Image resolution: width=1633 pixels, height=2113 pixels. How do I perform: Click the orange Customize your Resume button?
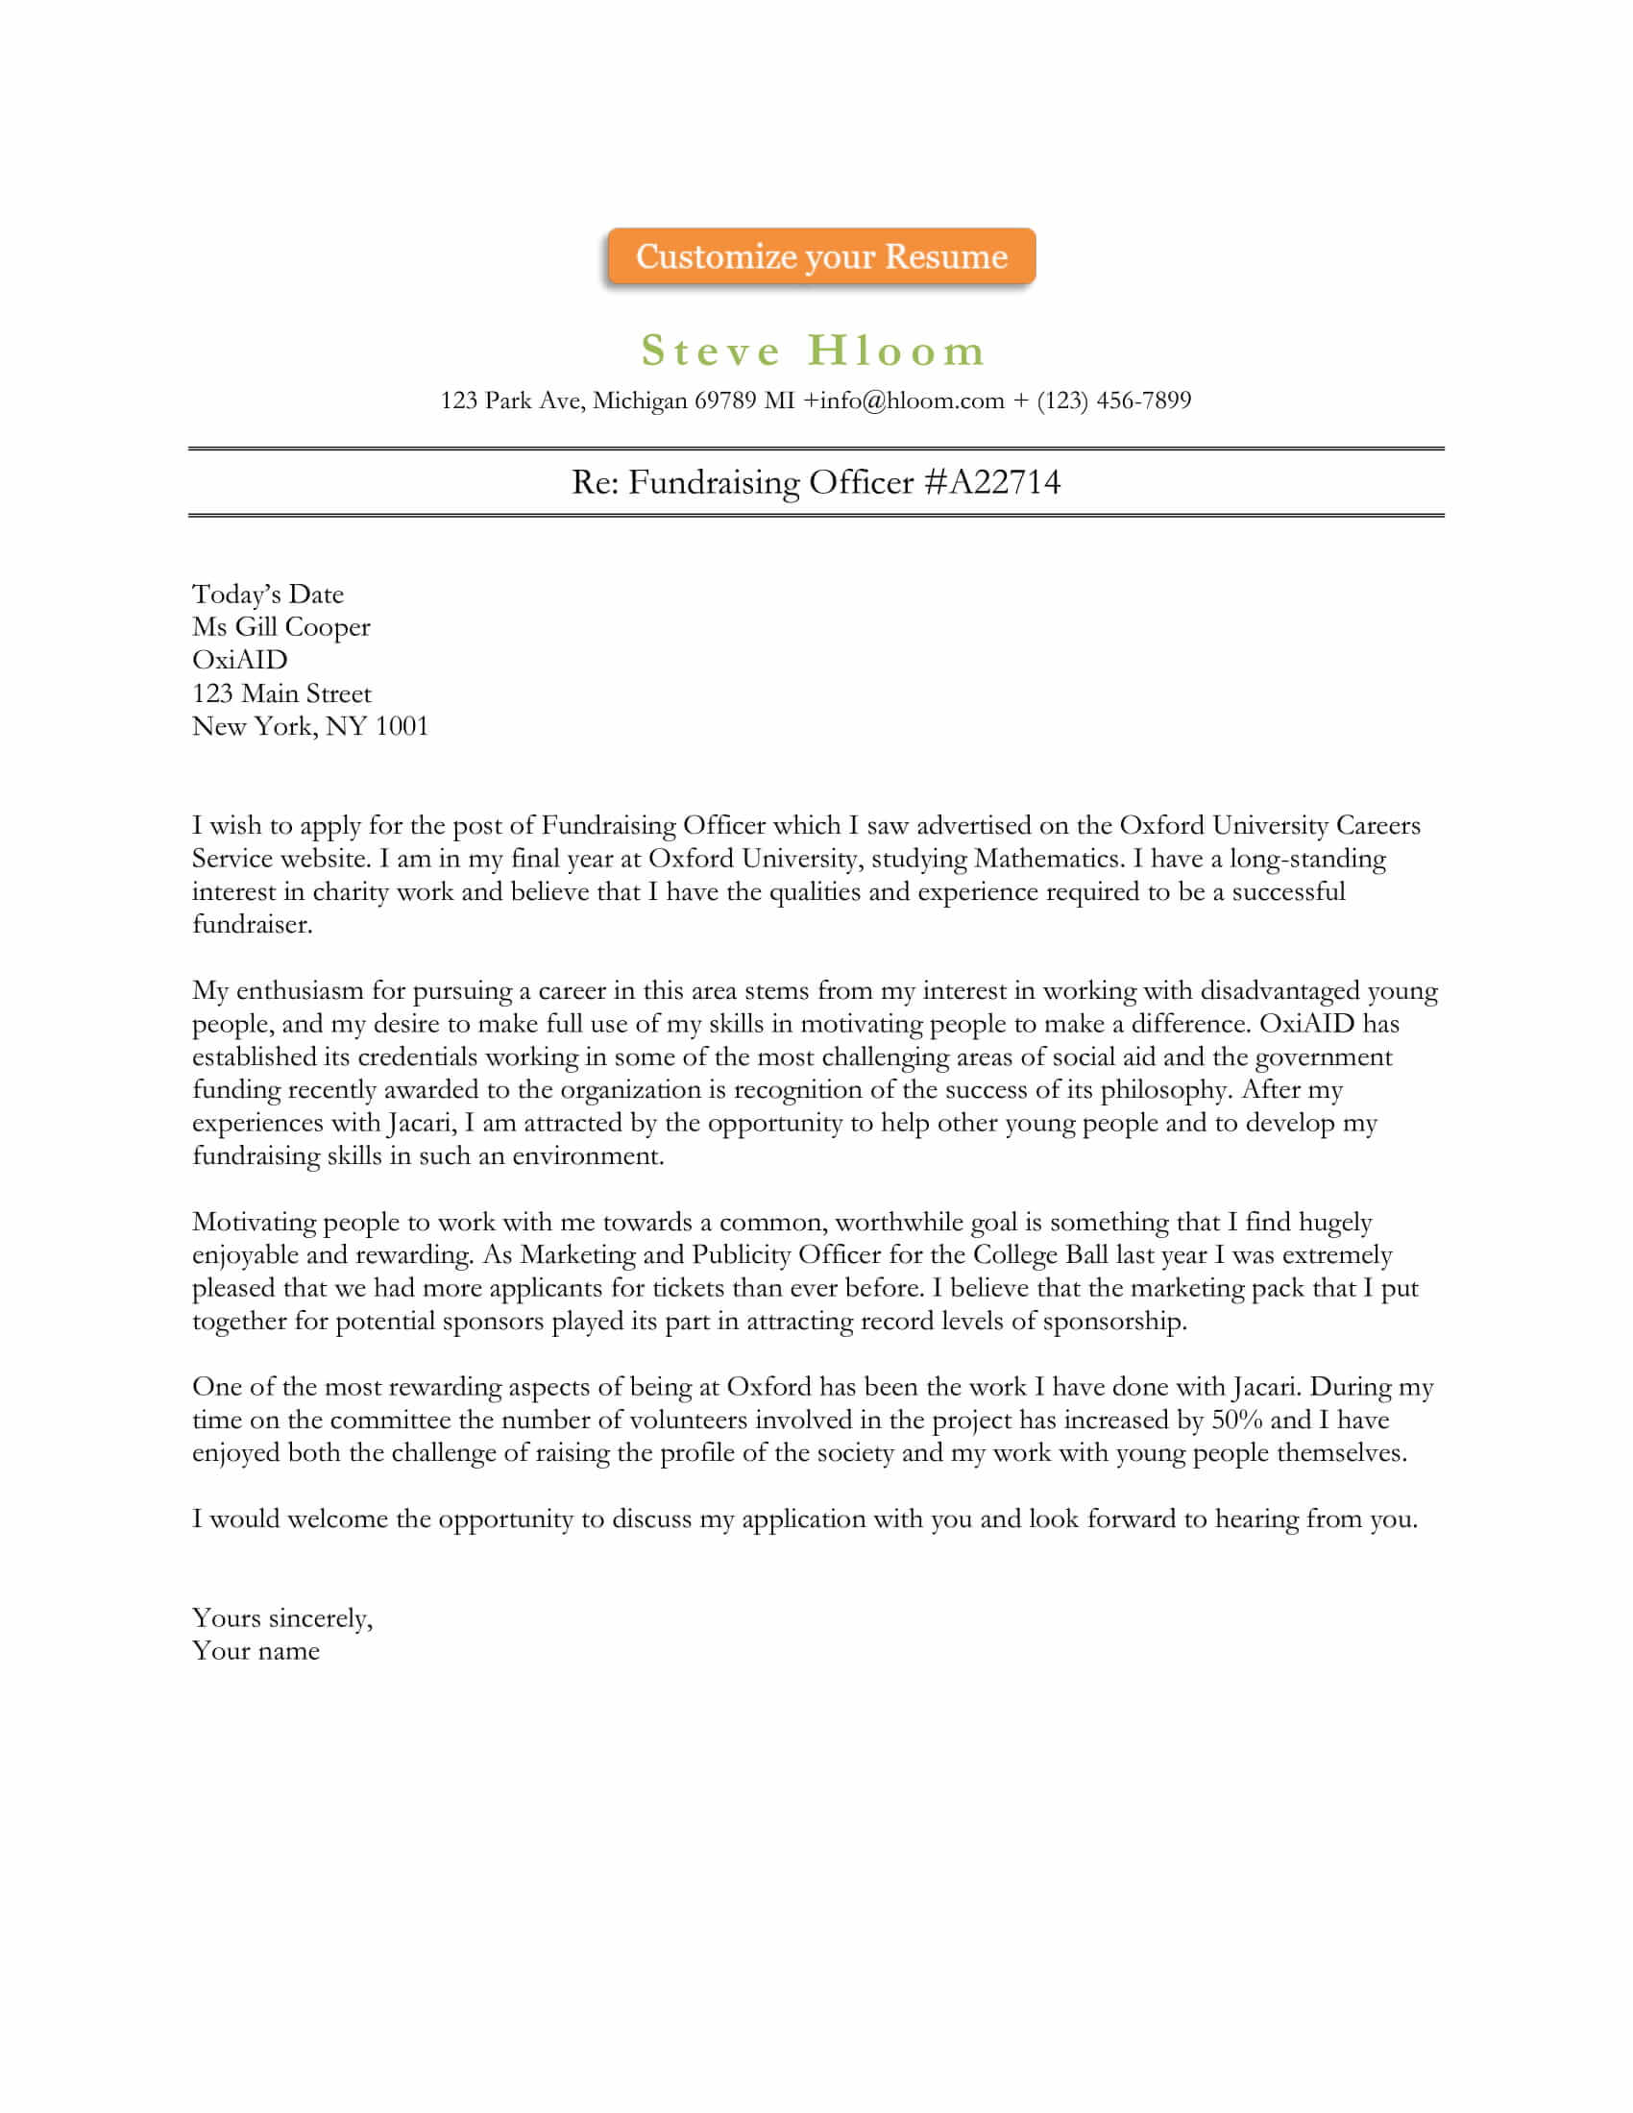click(x=820, y=256)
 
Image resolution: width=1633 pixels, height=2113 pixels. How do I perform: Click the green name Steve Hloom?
click(x=814, y=351)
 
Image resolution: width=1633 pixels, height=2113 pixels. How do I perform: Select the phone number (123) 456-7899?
click(x=1113, y=401)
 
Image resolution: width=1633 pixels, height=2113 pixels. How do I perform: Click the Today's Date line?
click(x=268, y=594)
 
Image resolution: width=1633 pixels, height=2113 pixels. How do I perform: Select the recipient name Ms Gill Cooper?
click(x=280, y=627)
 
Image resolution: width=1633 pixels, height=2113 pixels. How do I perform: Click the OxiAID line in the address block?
click(x=240, y=660)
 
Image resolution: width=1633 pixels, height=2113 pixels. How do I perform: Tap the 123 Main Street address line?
click(x=281, y=693)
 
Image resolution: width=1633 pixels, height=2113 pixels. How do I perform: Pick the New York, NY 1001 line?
click(x=309, y=727)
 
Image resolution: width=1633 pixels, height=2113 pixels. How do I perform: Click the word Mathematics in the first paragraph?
click(x=1048, y=860)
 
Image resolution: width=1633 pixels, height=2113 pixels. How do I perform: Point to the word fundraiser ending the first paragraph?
click(x=252, y=925)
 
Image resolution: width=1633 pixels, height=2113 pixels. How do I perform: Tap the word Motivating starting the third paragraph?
click(x=254, y=1223)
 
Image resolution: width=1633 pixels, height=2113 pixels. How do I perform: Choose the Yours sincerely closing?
click(x=281, y=1618)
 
